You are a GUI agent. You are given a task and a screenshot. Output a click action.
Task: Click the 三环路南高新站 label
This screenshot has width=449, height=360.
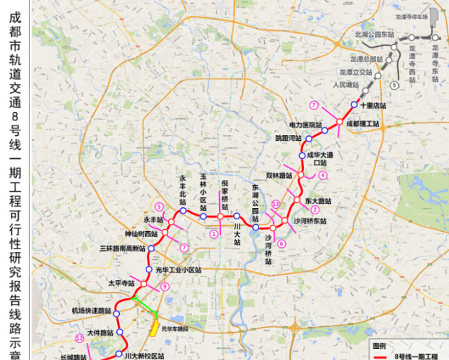(x=122, y=249)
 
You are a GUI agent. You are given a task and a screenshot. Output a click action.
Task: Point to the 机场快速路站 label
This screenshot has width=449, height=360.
(x=92, y=310)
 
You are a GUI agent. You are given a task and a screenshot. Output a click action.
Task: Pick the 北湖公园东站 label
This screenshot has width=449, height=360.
(x=375, y=34)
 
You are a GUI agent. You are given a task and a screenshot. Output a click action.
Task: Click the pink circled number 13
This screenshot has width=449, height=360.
(x=276, y=204)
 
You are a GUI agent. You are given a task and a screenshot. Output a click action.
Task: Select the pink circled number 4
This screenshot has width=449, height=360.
(x=323, y=175)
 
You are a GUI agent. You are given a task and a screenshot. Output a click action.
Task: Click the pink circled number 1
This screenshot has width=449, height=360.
(x=212, y=234)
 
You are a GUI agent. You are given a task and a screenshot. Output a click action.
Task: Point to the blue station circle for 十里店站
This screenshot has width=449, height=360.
(x=354, y=105)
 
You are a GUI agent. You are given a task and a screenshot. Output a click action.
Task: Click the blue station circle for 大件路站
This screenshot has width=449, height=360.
(x=119, y=333)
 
